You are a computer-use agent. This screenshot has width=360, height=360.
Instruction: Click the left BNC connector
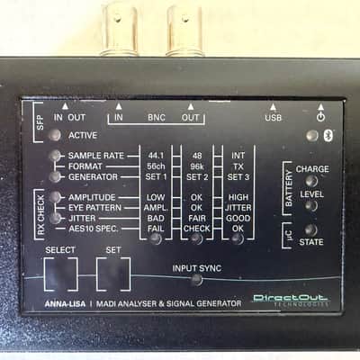(x=120, y=29)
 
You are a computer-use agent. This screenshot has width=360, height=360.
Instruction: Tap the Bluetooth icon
(x=328, y=136)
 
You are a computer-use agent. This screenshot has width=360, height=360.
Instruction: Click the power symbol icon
(x=320, y=117)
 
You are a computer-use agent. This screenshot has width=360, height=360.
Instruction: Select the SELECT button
(x=61, y=274)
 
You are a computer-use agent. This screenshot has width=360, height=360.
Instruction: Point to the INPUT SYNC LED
(x=197, y=280)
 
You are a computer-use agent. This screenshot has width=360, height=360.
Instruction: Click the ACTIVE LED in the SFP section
(x=55, y=135)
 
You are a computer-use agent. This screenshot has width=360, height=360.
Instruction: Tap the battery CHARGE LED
(x=311, y=181)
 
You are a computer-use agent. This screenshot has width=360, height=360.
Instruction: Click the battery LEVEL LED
(x=311, y=206)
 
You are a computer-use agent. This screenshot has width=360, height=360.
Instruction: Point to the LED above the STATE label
(x=311, y=230)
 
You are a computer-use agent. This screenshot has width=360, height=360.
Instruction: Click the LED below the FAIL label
(x=156, y=238)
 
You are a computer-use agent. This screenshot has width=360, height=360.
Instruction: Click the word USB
(x=273, y=117)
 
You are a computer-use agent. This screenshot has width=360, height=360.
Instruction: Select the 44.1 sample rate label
(x=156, y=156)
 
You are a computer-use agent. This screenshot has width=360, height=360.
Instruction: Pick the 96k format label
(x=197, y=166)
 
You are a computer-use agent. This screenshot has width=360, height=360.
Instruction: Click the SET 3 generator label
(x=238, y=176)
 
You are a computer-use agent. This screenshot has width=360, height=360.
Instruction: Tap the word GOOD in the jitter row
(x=238, y=218)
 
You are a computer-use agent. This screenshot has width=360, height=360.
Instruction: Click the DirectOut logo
(x=291, y=300)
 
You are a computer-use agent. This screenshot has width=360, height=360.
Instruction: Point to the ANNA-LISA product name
(x=65, y=304)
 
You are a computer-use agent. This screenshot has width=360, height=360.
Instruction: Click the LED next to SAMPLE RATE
(x=55, y=156)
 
